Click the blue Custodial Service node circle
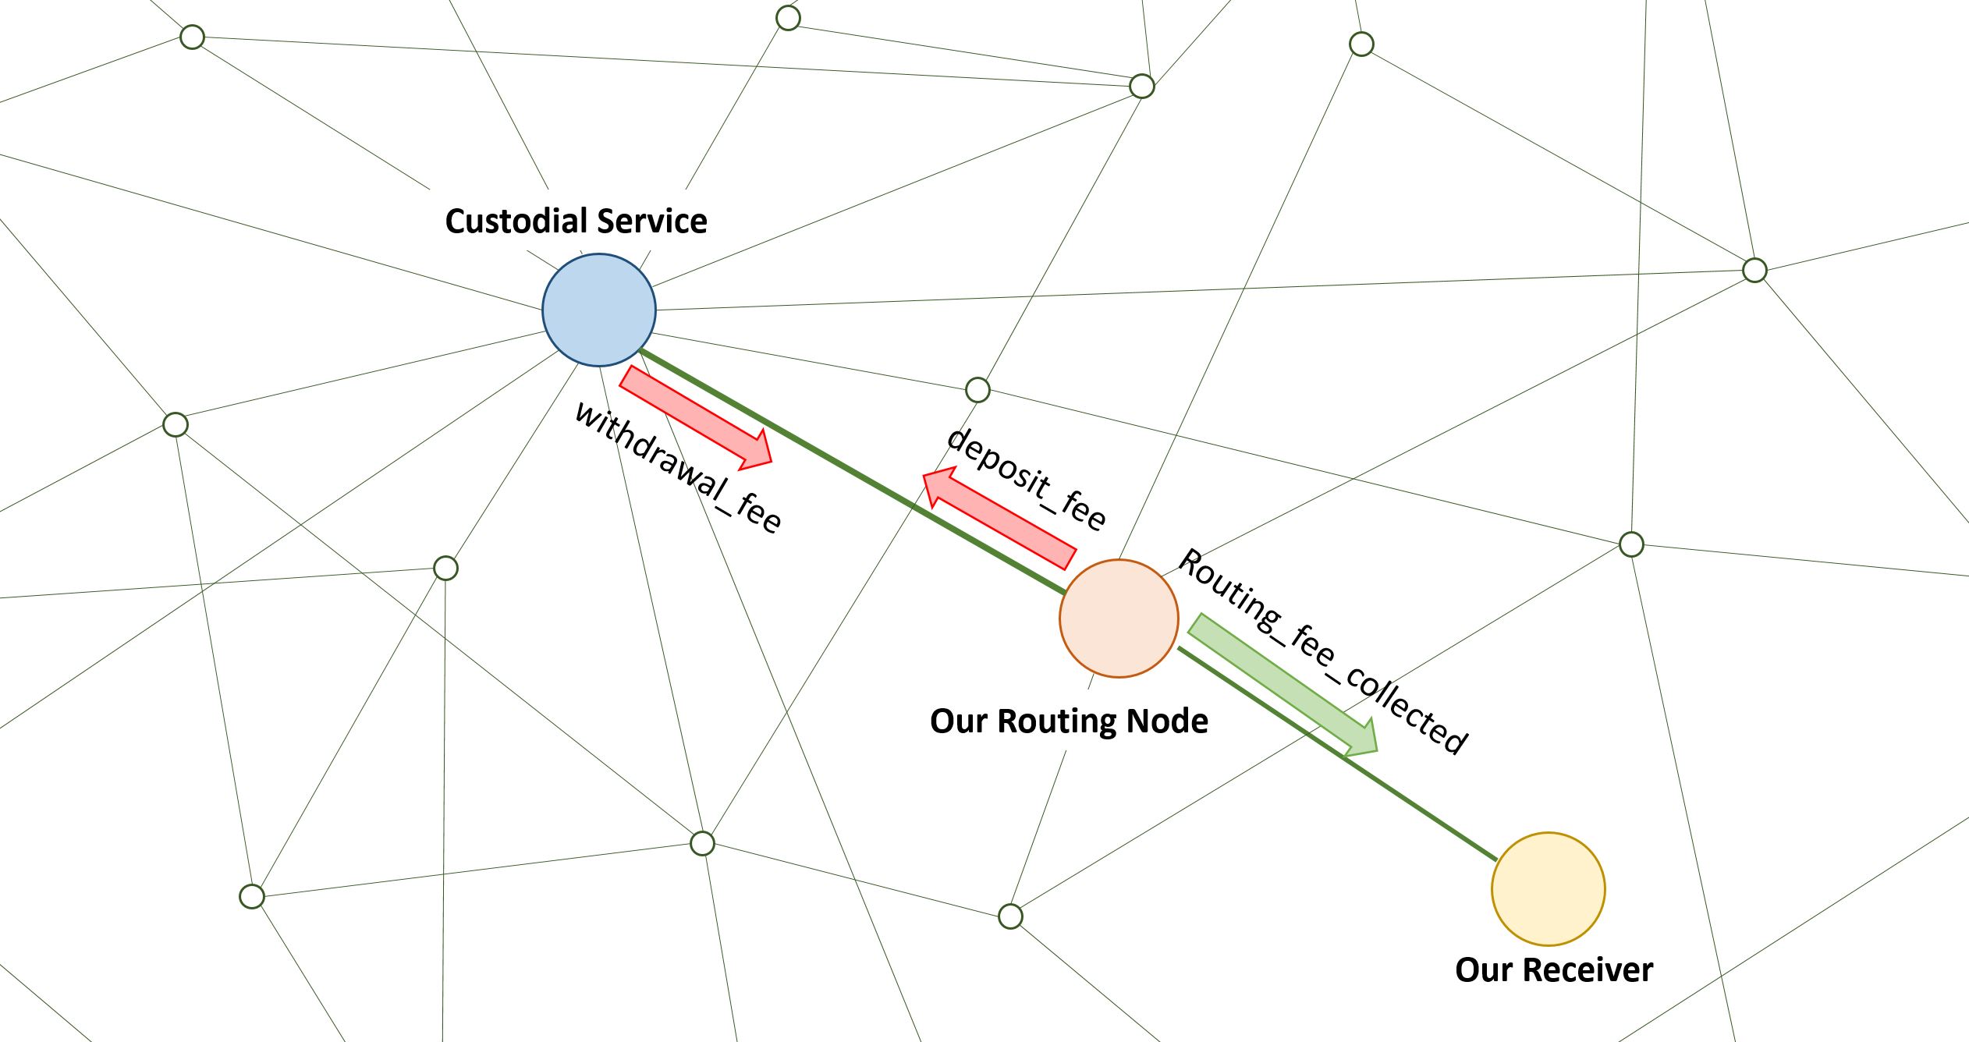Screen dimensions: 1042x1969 pos(599,310)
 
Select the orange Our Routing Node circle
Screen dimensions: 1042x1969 pos(1119,618)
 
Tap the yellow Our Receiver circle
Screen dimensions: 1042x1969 pos(1548,888)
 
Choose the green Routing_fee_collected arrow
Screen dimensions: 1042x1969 pos(1279,683)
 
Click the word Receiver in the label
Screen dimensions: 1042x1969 pos(1588,970)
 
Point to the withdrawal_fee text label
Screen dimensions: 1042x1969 pos(677,468)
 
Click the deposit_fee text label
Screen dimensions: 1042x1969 pos(1026,479)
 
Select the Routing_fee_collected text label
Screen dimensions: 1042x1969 pos(1322,650)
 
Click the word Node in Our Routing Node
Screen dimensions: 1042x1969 pos(1173,721)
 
